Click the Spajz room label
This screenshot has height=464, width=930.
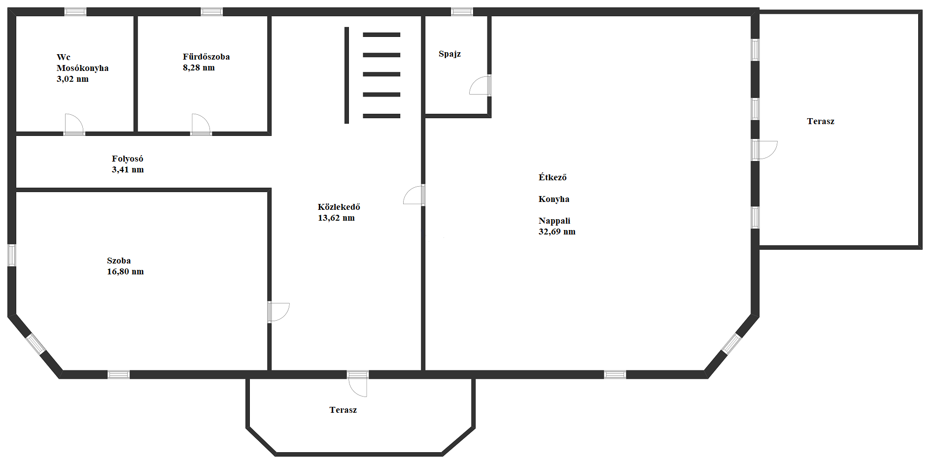click(x=449, y=54)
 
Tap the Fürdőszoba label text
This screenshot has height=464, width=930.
click(x=206, y=57)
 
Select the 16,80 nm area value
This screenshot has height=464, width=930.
click(x=125, y=271)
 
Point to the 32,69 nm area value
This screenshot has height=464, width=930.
click(x=557, y=232)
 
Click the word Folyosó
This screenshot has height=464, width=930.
click(x=127, y=159)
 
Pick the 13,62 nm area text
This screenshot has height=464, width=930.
click(x=336, y=218)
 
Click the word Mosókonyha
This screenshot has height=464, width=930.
click(x=82, y=68)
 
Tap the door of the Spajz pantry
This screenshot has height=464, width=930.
click(x=480, y=85)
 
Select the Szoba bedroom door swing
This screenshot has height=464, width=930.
click(x=278, y=312)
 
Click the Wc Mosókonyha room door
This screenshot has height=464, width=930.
click(x=74, y=124)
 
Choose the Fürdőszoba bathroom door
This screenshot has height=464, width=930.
click(x=201, y=124)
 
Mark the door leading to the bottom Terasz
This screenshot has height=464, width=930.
click(x=358, y=384)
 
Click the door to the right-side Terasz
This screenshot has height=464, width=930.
click(x=764, y=150)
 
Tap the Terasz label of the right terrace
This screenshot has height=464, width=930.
click(x=821, y=121)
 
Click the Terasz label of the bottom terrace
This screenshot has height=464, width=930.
click(x=343, y=410)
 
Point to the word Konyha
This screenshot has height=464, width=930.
click(x=554, y=199)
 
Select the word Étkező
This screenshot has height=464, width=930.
click(x=552, y=177)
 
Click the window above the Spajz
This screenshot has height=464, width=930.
click(x=462, y=12)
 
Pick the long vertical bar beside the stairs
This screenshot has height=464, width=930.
click(x=346, y=75)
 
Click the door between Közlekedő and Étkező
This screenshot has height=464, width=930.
click(x=414, y=195)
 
